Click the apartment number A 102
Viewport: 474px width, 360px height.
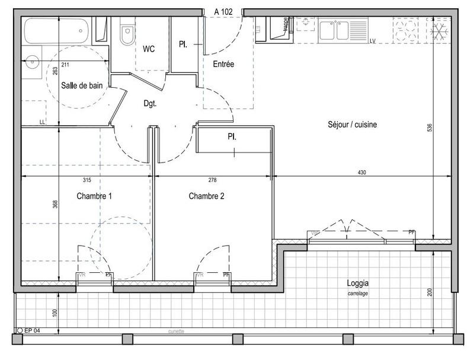[x=224, y=11]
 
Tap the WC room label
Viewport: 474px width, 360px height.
[x=148, y=49]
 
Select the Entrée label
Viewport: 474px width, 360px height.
[x=223, y=64]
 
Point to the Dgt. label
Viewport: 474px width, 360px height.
[x=150, y=103]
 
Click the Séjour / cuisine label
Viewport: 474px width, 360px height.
[x=352, y=125]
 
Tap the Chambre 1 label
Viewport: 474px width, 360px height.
[x=94, y=196]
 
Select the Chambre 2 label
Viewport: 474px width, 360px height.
[x=206, y=196]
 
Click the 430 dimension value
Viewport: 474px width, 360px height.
[x=362, y=173]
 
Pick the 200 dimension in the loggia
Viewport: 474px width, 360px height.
[x=431, y=292]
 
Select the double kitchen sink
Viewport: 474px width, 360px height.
[x=335, y=30]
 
